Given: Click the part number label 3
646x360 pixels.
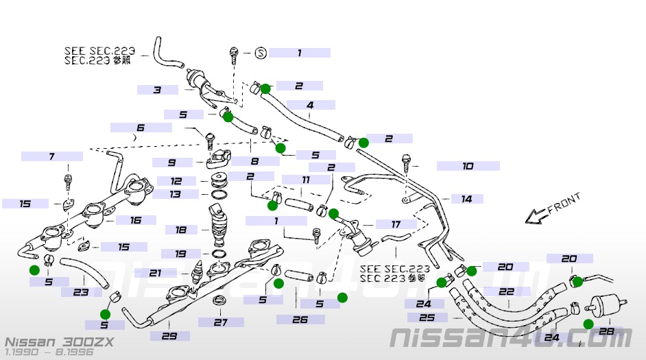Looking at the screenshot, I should pyautogui.click(x=157, y=90).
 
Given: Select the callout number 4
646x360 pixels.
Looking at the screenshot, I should pyautogui.click(x=310, y=106).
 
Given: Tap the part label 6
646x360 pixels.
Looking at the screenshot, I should pyautogui.click(x=141, y=128).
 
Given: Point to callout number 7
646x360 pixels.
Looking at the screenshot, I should pyautogui.click(x=51, y=156).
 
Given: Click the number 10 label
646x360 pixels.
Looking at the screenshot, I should pyautogui.click(x=468, y=166).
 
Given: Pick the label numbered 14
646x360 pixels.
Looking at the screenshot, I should pyautogui.click(x=466, y=199).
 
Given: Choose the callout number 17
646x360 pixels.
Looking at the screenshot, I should pyautogui.click(x=396, y=224).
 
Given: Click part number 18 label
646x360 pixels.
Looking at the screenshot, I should pyautogui.click(x=181, y=230).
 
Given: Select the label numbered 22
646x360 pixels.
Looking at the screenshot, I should pyautogui.click(x=506, y=291).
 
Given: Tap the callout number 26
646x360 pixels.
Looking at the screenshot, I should pyautogui.click(x=300, y=320).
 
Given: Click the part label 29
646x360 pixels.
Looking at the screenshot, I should pyautogui.click(x=165, y=335).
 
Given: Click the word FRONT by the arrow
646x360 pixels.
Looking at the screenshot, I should pyautogui.click(x=564, y=204).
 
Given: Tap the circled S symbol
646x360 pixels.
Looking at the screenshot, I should pyautogui.click(x=260, y=53).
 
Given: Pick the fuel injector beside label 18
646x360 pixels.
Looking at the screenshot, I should pyautogui.click(x=219, y=226).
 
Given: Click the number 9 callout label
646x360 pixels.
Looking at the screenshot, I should pyautogui.click(x=171, y=163).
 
